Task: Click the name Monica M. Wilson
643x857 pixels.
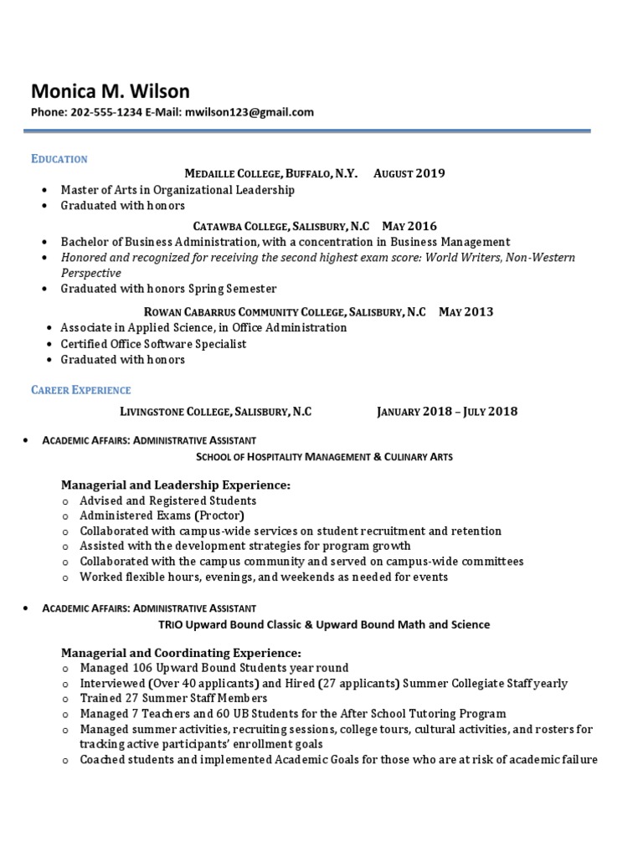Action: pos(110,90)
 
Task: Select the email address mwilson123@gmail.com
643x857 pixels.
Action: pos(249,112)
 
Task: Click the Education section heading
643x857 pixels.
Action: pos(59,158)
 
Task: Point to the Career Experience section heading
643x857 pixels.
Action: pos(81,390)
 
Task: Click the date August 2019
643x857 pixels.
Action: pos(409,174)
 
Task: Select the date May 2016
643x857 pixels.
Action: pos(409,226)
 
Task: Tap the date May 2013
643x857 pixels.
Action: pos(466,311)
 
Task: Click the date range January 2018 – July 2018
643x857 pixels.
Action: pos(447,411)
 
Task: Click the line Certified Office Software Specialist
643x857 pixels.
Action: pos(153,344)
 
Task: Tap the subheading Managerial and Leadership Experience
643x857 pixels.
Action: pos(176,485)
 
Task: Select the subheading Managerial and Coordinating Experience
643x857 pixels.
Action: pos(181,652)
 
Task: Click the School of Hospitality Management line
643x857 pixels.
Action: pos(324,456)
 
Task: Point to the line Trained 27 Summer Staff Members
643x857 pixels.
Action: pos(173,698)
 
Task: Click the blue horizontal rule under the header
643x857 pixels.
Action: pos(306,131)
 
